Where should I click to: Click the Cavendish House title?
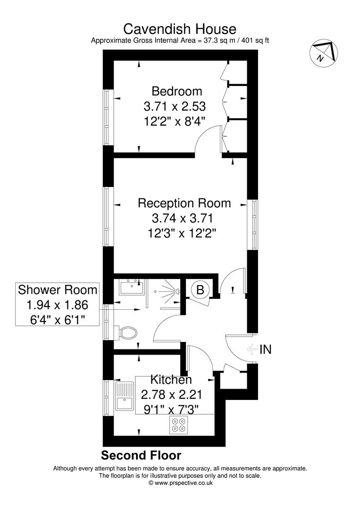pyautogui.click(x=180, y=29)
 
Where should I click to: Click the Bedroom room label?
pyautogui.click(x=176, y=91)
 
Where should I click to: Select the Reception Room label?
pyautogui.click(x=184, y=204)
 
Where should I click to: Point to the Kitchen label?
pyautogui.click(x=171, y=380)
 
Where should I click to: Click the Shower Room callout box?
pyautogui.click(x=58, y=305)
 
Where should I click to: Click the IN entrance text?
pyautogui.click(x=266, y=349)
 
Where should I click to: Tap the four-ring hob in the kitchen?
pyautogui.click(x=179, y=425)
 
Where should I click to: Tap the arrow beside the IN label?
pyautogui.click(x=252, y=349)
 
